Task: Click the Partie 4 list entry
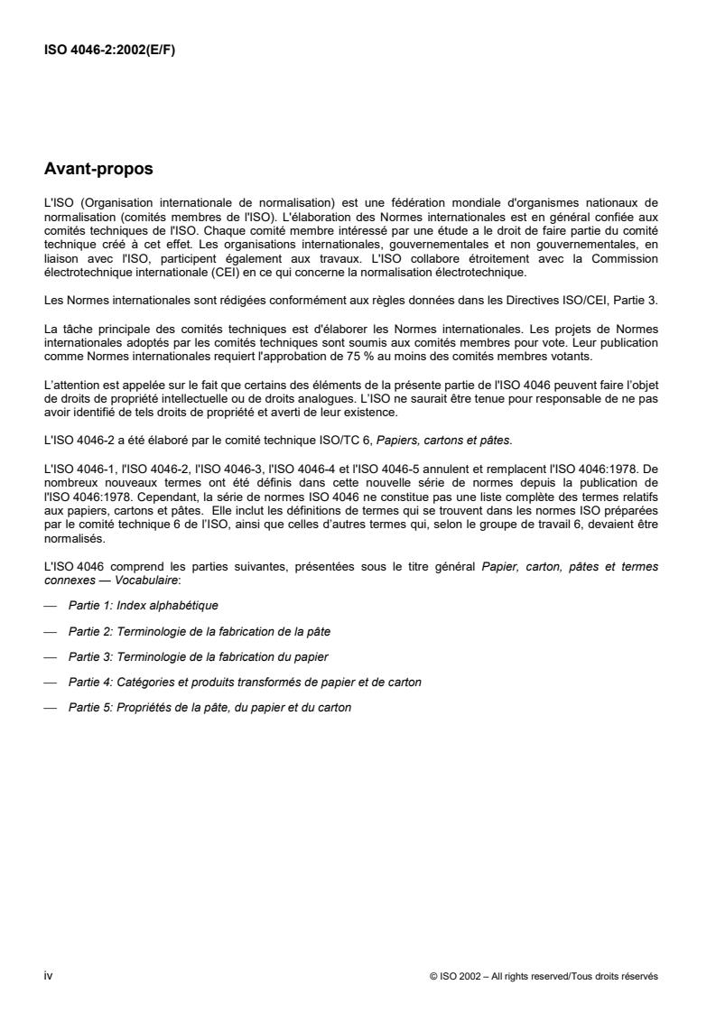[x=244, y=682]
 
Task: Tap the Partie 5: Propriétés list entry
[x=209, y=708]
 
